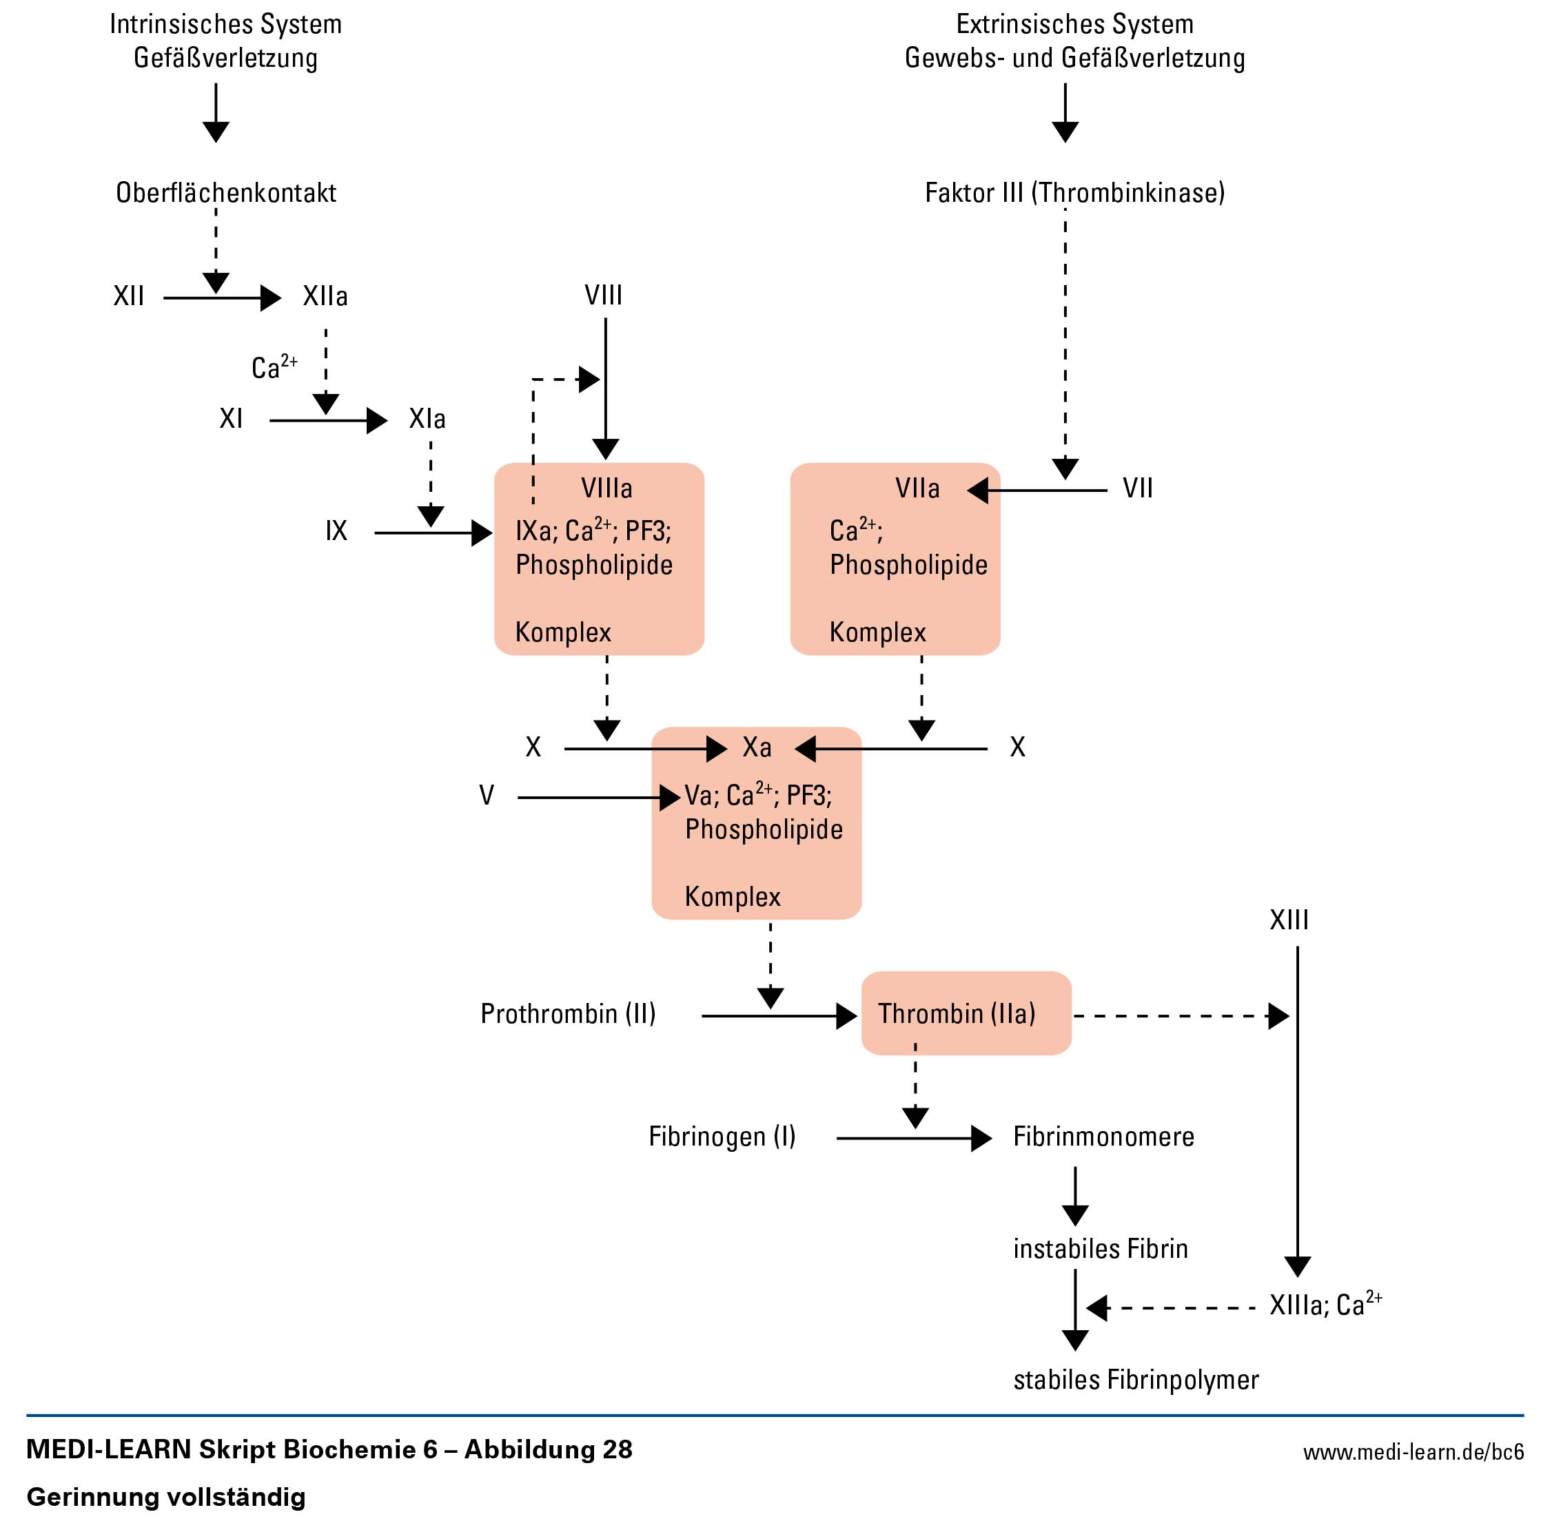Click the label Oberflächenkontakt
click(x=226, y=193)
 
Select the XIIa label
click(x=325, y=296)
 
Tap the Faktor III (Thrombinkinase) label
click(x=1074, y=193)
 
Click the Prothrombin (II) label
click(x=568, y=1013)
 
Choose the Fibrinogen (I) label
click(x=722, y=1136)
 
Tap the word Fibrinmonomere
click(x=1103, y=1136)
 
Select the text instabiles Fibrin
click(x=1100, y=1248)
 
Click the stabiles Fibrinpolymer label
click(x=1135, y=1379)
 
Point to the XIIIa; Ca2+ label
click(x=1324, y=1305)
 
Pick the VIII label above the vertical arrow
click(x=603, y=296)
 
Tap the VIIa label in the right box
click(x=917, y=488)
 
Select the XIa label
click(x=427, y=419)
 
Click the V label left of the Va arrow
click(x=487, y=795)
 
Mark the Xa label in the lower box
click(x=756, y=747)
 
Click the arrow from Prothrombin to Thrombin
click(x=777, y=1016)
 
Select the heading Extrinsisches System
click(x=1074, y=24)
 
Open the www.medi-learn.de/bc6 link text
click(x=1413, y=1451)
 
